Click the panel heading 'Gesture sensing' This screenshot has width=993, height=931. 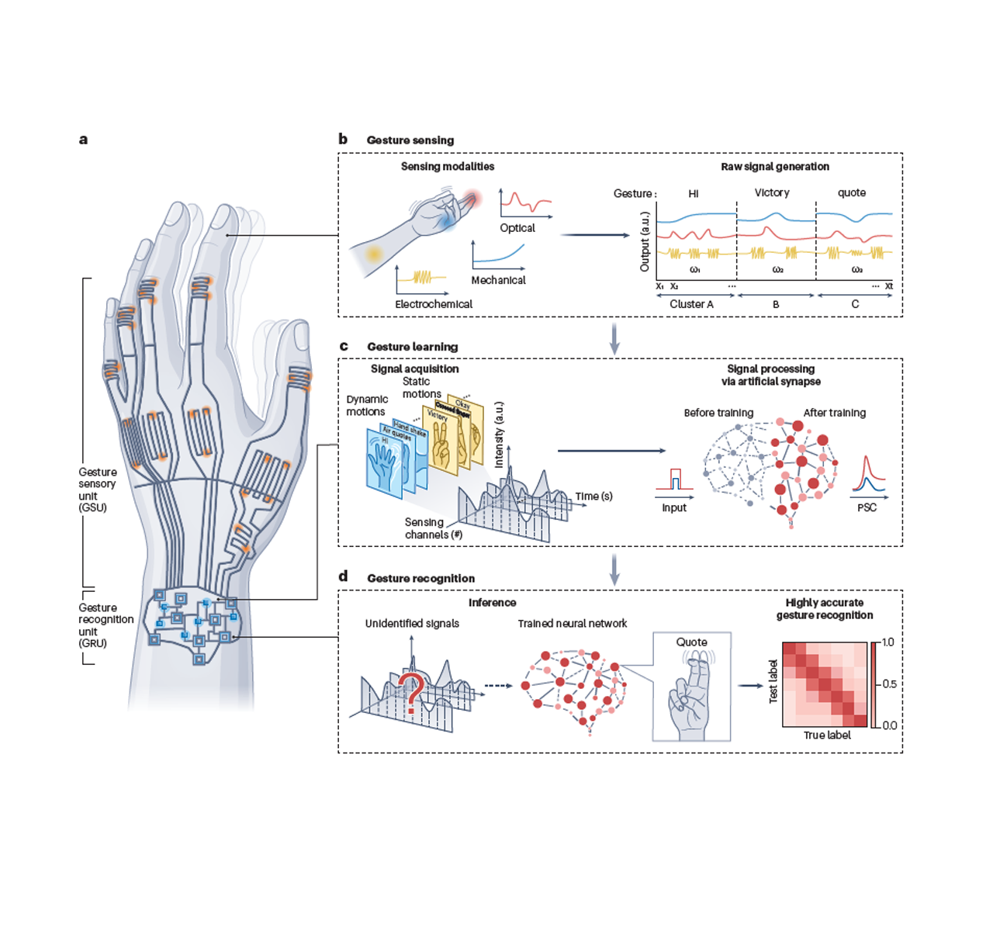410,140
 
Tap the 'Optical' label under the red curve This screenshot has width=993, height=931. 517,228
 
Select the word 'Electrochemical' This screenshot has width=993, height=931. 434,304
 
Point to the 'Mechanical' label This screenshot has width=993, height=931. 498,280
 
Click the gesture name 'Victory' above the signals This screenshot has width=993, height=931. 772,192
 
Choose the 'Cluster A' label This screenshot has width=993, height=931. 691,304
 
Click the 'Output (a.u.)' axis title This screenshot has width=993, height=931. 645,241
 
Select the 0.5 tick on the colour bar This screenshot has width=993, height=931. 889,684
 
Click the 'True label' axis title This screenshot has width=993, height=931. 827,735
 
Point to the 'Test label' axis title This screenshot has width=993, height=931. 773,681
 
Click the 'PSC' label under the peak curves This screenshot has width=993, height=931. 867,507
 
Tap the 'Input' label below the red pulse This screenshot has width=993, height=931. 674,507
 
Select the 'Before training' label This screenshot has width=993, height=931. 718,413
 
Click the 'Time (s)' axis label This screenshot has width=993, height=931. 593,497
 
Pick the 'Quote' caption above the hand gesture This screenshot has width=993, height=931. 691,642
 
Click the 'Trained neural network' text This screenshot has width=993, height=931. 573,623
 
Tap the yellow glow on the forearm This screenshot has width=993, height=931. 375,254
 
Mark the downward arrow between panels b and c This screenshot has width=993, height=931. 614,338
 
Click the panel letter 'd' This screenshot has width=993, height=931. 343,576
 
